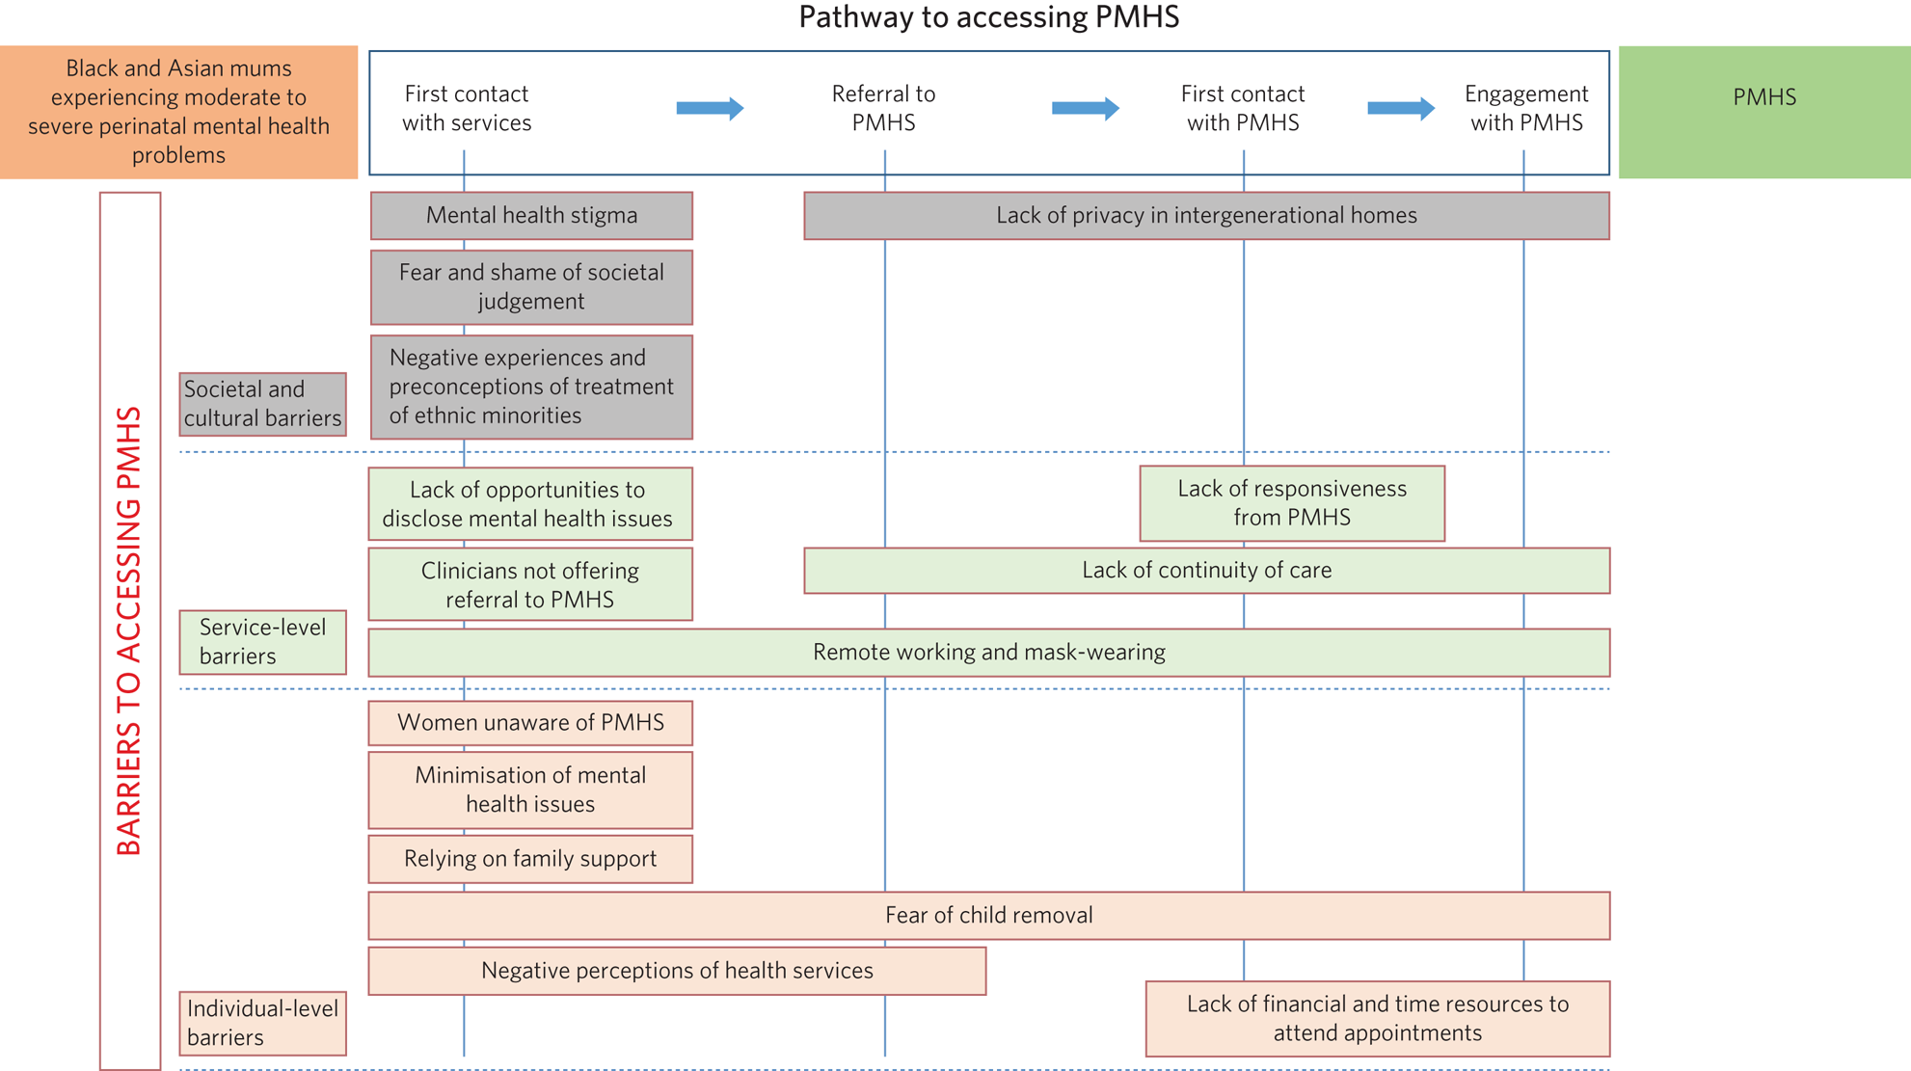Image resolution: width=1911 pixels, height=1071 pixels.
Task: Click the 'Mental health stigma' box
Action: (531, 215)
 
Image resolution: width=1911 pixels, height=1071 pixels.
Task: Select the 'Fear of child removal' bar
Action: (988, 915)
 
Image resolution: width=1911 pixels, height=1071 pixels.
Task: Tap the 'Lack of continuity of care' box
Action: (1206, 571)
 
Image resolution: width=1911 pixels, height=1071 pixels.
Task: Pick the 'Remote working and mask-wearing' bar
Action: (988, 653)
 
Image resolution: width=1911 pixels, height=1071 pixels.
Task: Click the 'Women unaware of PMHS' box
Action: (530, 723)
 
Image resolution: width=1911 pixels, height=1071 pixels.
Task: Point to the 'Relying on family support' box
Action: (530, 859)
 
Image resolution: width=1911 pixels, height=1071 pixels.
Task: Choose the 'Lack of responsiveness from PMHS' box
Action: (1292, 503)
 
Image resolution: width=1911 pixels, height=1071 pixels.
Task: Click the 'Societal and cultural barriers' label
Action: (262, 404)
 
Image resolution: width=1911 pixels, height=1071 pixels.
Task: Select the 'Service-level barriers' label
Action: (262, 642)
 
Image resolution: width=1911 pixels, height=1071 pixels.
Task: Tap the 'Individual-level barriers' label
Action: (262, 1023)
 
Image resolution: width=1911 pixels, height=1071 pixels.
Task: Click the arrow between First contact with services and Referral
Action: (710, 108)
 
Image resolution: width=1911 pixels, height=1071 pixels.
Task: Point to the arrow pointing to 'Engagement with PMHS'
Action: (1401, 108)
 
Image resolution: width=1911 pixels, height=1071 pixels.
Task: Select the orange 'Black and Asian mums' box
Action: (178, 112)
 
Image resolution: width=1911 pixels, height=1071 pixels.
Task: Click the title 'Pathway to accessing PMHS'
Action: (988, 17)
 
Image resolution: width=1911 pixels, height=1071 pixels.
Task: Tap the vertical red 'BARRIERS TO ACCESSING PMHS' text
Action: (129, 631)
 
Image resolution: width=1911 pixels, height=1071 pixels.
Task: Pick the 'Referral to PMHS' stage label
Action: (883, 108)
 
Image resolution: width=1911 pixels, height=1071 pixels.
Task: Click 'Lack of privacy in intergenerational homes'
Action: (1206, 215)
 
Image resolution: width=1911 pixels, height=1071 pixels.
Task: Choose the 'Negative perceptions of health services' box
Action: (677, 971)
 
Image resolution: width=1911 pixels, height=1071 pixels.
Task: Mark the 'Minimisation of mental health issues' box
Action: (530, 790)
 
